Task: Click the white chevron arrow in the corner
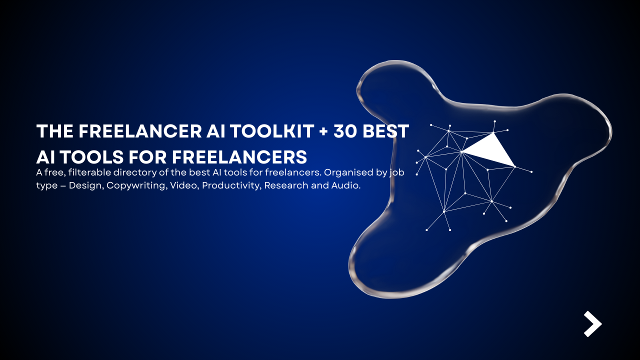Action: click(x=592, y=324)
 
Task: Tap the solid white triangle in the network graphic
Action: click(x=490, y=150)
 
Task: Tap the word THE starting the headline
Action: click(x=55, y=131)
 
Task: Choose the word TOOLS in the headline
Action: click(x=90, y=156)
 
